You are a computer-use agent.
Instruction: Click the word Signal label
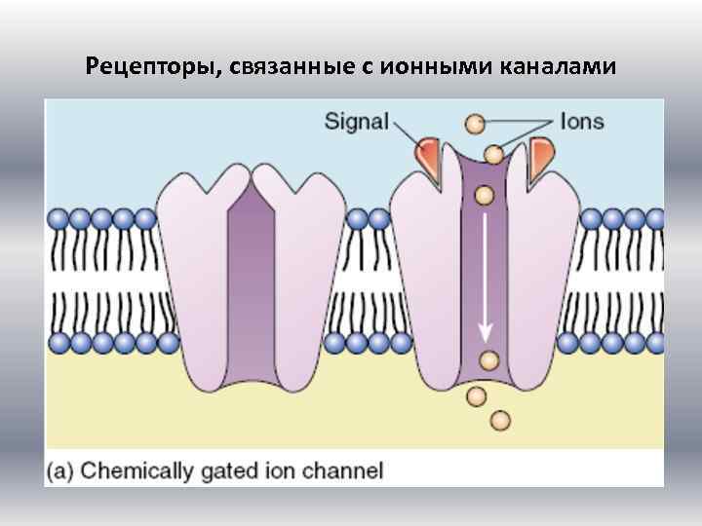point(356,124)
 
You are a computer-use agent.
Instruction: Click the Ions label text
point(581,123)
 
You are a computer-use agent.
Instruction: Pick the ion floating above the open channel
point(475,124)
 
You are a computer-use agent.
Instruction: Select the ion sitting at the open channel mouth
point(494,154)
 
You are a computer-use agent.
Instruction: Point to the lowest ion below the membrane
point(500,420)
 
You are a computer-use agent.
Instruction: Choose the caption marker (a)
point(59,471)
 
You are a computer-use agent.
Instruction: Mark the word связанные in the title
point(293,67)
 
